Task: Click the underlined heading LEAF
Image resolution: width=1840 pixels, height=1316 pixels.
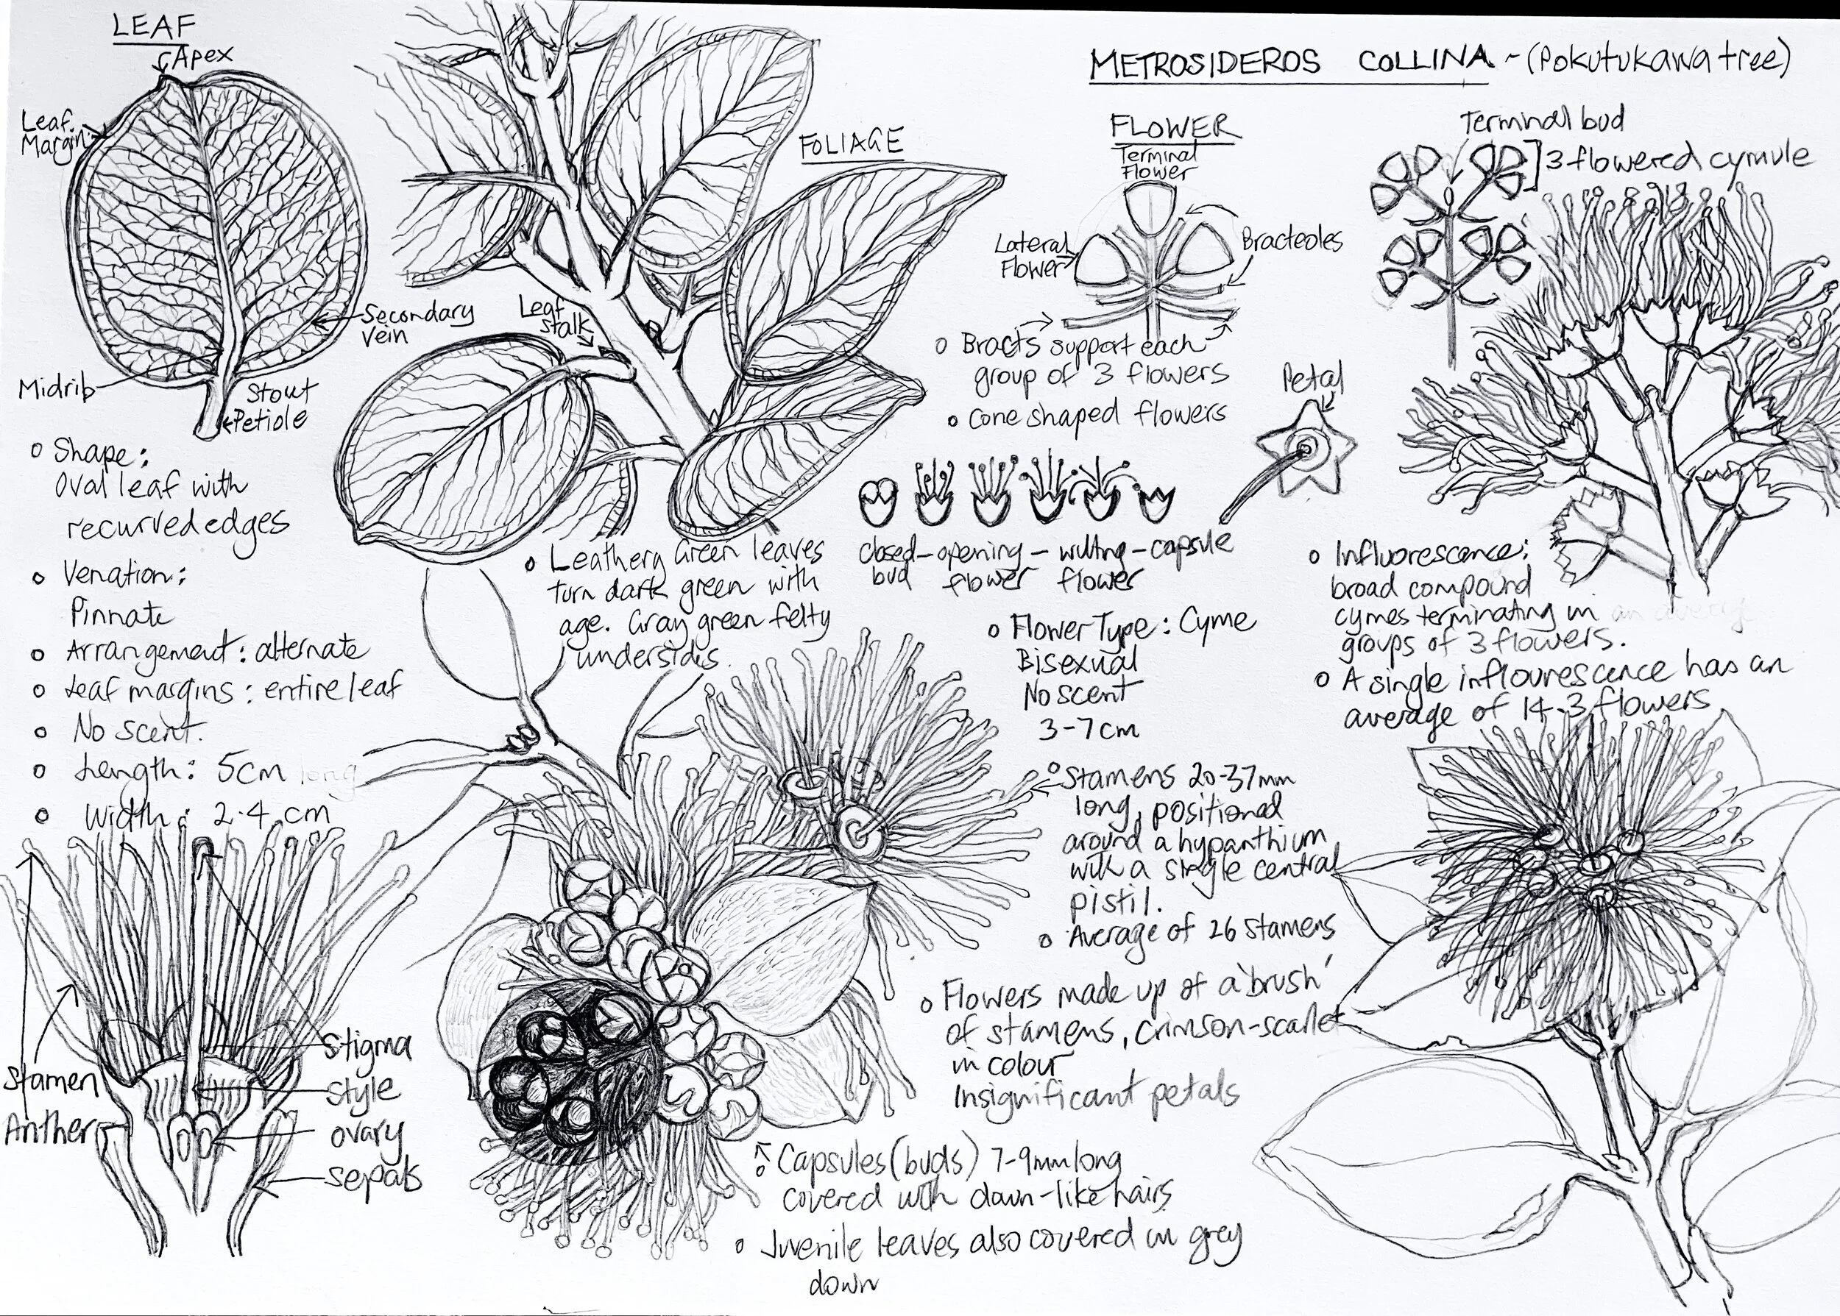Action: [x=154, y=26]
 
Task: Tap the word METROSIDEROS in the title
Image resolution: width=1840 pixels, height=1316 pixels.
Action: [x=1203, y=63]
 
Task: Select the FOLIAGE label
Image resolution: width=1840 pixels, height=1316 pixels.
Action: [x=850, y=144]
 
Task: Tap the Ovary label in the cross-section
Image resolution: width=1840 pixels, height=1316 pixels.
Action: [x=365, y=1135]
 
